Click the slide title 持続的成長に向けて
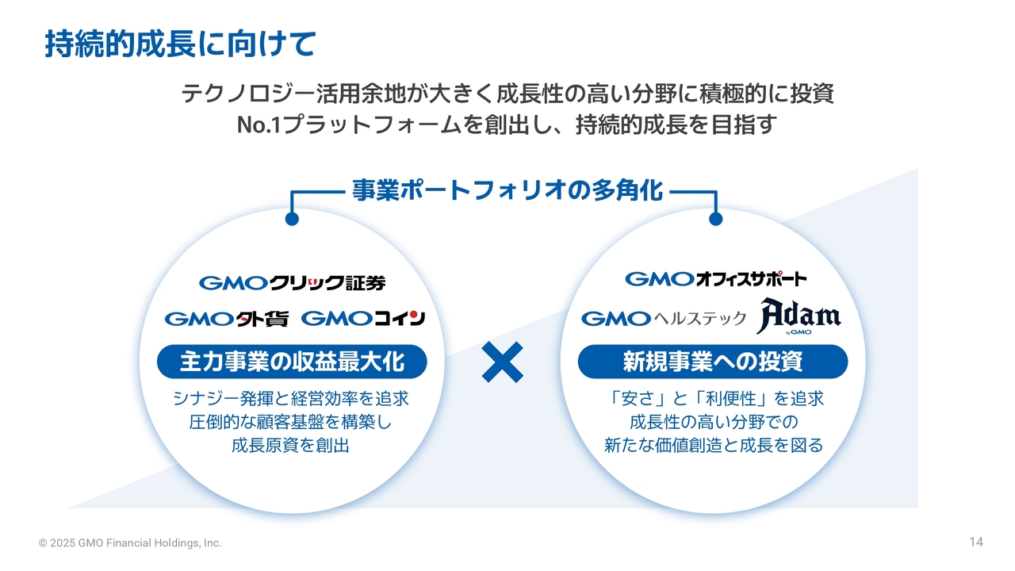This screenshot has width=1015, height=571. pyautogui.click(x=180, y=44)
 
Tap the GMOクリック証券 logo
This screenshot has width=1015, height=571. pyautogui.click(x=293, y=283)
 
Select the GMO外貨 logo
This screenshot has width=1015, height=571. pyautogui.click(x=227, y=319)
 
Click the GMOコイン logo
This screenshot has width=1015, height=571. pyautogui.click(x=363, y=319)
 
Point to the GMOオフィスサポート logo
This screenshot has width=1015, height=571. pyautogui.click(x=716, y=278)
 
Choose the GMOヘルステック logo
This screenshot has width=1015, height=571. pyautogui.click(x=664, y=319)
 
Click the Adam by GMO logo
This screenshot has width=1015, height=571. pyautogui.click(x=799, y=316)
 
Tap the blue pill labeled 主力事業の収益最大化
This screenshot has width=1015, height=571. pyautogui.click(x=292, y=362)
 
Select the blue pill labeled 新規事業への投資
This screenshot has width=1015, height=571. pyautogui.click(x=713, y=362)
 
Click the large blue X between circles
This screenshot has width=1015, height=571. pyautogui.click(x=502, y=362)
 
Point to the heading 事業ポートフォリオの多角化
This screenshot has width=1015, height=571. pyautogui.click(x=507, y=190)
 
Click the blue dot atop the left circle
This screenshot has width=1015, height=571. pyautogui.click(x=293, y=219)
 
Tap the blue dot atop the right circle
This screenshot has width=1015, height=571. pyautogui.click(x=716, y=219)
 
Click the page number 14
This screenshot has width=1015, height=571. pyautogui.click(x=976, y=542)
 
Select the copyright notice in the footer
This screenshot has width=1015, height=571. pyautogui.click(x=130, y=543)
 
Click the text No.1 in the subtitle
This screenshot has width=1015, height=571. pyautogui.click(x=259, y=125)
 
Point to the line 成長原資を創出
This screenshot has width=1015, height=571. pyautogui.click(x=290, y=446)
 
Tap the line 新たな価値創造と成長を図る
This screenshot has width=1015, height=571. pyautogui.click(x=714, y=446)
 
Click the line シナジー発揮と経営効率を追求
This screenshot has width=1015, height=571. pyautogui.click(x=291, y=399)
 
